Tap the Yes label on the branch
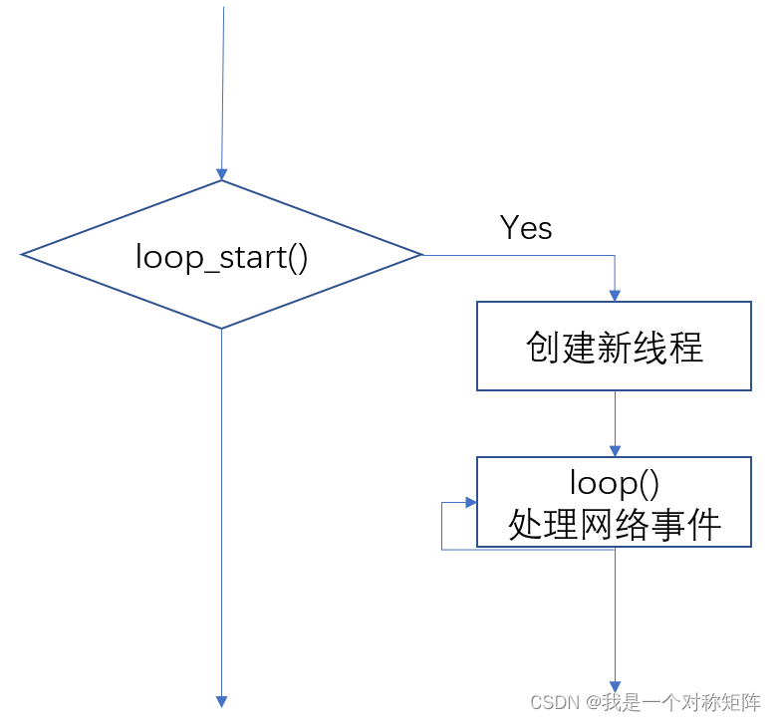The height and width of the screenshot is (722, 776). click(526, 228)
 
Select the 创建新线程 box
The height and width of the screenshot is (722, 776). click(614, 347)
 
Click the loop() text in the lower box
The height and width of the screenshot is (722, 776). click(614, 483)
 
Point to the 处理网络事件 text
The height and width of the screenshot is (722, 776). click(614, 523)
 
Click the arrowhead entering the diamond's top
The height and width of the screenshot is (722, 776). click(221, 173)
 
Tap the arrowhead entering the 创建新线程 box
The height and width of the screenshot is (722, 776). click(615, 295)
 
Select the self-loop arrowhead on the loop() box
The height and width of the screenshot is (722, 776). click(471, 504)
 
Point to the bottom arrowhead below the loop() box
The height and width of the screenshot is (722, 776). click(615, 685)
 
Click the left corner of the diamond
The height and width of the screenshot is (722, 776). click(23, 255)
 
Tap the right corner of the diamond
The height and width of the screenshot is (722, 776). click(421, 255)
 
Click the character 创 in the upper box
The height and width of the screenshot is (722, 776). click(542, 347)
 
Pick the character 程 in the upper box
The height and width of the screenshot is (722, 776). click(686, 347)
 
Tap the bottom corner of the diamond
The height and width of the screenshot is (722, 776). click(221, 328)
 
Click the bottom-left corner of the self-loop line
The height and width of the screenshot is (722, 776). click(443, 550)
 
